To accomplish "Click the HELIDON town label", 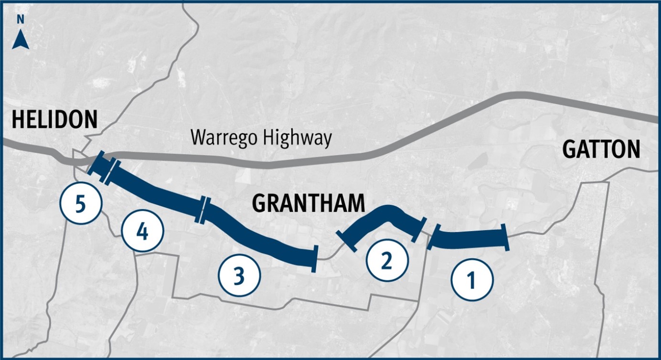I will click(54, 119).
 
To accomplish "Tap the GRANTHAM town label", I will click(308, 204).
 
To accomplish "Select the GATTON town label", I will click(601, 150).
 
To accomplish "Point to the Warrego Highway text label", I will click(261, 138).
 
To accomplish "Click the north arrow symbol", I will click(21, 41).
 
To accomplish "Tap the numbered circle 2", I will click(387, 260).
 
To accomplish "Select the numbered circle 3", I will click(239, 275).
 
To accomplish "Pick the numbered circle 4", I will click(142, 232).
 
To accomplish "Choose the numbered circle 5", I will click(81, 204).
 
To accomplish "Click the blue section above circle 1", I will click(468, 239).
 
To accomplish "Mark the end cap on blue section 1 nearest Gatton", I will click(505, 237).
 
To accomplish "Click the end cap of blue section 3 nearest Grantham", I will click(314, 259).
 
